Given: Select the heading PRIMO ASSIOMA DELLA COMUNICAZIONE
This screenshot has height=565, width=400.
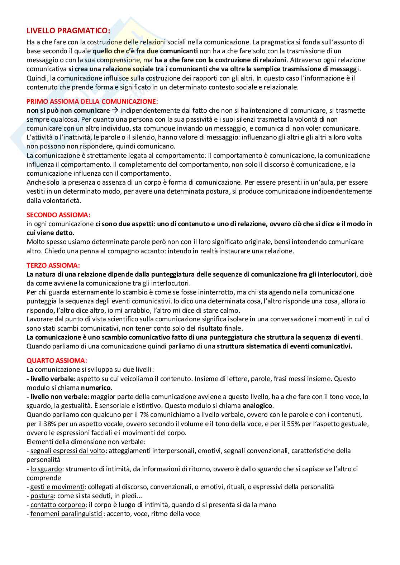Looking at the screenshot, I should (92, 101).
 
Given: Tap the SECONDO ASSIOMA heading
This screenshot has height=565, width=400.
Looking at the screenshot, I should (58, 215).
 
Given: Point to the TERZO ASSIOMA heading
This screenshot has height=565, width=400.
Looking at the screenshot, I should (53, 265).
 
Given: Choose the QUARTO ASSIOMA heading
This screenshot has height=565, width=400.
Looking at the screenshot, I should (57, 360).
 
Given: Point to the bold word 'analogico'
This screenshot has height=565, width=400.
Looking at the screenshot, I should (258, 406).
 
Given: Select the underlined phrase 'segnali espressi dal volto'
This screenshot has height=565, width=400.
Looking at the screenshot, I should (67, 451).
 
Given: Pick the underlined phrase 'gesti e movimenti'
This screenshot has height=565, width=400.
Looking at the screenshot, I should (57, 487).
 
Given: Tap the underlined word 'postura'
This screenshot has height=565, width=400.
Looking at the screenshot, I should (42, 496).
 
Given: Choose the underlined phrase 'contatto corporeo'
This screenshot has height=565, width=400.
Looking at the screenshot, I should (58, 505).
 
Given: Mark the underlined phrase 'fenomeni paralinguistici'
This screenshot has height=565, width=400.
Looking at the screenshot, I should (66, 514).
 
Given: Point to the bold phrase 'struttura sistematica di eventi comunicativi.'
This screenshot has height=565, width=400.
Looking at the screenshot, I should (284, 346).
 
